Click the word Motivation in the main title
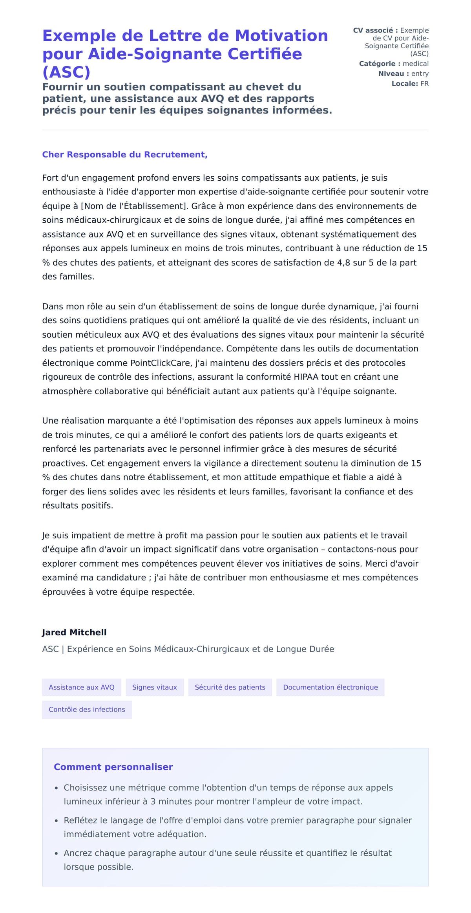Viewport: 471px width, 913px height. (x=281, y=36)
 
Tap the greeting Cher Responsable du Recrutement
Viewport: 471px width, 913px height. (x=125, y=155)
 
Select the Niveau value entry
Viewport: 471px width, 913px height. (x=420, y=74)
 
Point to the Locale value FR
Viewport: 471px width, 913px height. (x=424, y=84)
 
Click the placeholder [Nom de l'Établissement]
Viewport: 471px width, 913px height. (x=133, y=206)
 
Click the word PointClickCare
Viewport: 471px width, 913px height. (x=161, y=363)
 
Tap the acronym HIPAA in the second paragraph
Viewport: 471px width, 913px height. (x=306, y=377)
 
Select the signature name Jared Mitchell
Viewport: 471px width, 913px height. (x=74, y=632)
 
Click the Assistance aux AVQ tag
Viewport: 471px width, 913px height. (x=82, y=687)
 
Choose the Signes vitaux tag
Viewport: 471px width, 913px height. (x=155, y=687)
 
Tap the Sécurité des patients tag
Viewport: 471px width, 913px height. (x=230, y=687)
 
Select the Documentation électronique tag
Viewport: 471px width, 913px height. (x=330, y=687)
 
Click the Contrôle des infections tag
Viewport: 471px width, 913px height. (x=87, y=710)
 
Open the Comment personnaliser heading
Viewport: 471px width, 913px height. (x=113, y=767)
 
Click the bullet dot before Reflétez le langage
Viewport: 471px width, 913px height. (x=57, y=821)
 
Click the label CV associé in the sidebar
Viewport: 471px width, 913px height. (x=375, y=31)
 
